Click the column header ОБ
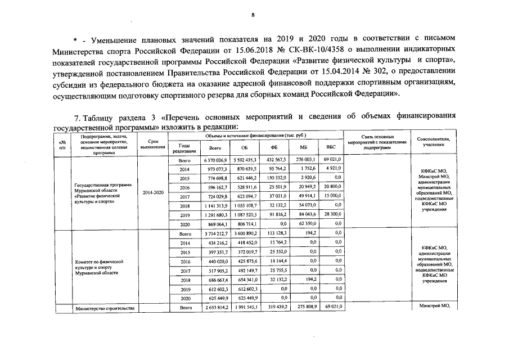coord(245,148)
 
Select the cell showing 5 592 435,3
coord(245,160)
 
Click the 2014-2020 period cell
coord(153,192)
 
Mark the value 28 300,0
coord(332,214)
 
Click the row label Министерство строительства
coord(105,308)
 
